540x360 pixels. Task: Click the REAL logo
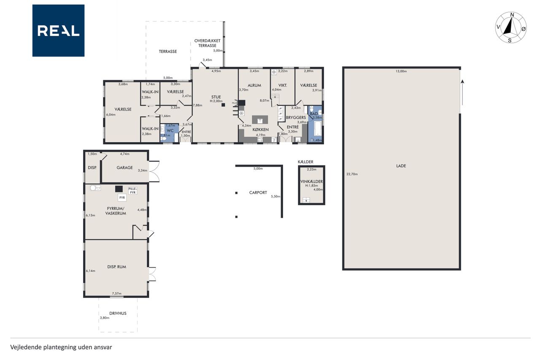(58, 31)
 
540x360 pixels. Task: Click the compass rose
(510, 27)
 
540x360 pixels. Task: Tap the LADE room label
(401, 166)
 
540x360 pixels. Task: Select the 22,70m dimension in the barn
(352, 174)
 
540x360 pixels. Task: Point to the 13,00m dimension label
(401, 71)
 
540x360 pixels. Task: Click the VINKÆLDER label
(311, 181)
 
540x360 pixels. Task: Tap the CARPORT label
(258, 192)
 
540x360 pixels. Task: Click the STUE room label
(216, 97)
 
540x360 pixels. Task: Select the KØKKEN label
(260, 130)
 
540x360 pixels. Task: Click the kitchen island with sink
(260, 119)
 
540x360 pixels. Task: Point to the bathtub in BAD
(318, 129)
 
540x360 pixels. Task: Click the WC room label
(170, 131)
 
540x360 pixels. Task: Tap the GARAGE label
(124, 168)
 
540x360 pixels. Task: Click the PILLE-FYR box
(132, 191)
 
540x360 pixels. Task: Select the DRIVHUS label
(118, 313)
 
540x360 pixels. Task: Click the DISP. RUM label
(117, 267)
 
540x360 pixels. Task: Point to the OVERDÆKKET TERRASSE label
(207, 43)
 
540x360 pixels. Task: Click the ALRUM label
(254, 85)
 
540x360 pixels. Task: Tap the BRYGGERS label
(296, 117)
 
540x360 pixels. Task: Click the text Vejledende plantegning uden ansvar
(61, 347)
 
